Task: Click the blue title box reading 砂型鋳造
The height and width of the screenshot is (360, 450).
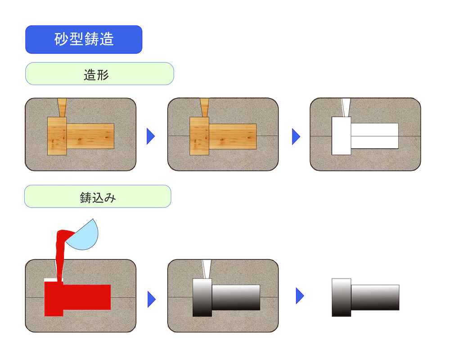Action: click(84, 40)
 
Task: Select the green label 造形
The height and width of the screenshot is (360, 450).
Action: click(99, 74)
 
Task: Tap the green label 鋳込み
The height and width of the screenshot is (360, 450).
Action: click(98, 196)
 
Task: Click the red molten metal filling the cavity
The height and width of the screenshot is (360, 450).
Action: click(76, 297)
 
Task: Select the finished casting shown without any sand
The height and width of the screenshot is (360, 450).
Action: click(365, 297)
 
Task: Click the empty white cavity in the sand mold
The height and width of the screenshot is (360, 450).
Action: click(364, 135)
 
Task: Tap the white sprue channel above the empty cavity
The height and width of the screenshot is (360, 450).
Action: click(346, 108)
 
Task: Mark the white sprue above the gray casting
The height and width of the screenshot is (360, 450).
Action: click(206, 269)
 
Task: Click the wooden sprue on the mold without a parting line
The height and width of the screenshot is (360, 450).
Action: click(62, 108)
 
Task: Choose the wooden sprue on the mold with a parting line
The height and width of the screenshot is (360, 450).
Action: click(205, 108)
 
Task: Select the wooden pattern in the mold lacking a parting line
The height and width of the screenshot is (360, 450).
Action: click(81, 136)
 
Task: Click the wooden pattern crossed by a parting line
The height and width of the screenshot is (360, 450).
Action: click(223, 136)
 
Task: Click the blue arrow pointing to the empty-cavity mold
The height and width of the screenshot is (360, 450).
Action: click(296, 136)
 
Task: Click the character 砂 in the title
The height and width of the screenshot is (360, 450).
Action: click(61, 40)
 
